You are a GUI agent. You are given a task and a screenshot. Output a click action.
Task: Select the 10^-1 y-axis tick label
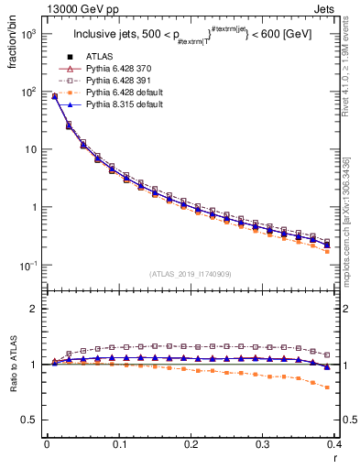click(27, 265)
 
